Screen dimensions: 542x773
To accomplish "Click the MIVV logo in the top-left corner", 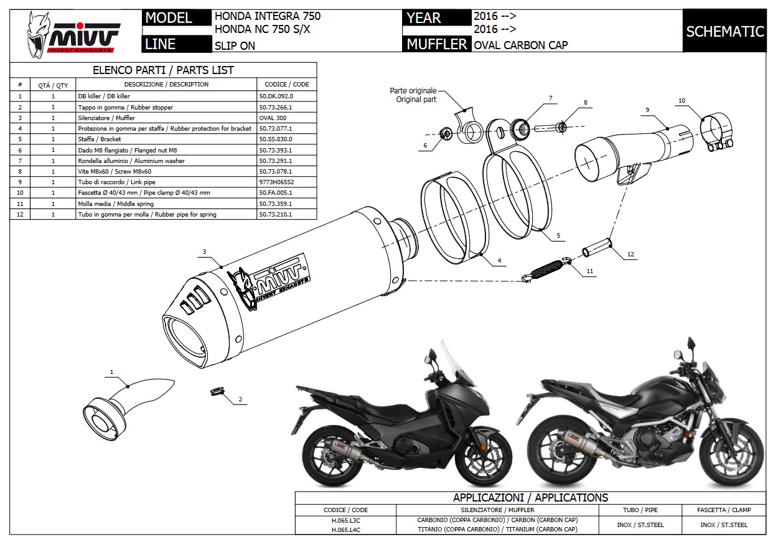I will (73, 34).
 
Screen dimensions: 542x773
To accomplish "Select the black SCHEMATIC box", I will (724, 31).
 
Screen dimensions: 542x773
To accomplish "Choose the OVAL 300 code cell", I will (274, 118).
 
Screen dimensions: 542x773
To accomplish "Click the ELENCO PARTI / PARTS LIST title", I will (163, 70).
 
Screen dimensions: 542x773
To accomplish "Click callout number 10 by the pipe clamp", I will (682, 100).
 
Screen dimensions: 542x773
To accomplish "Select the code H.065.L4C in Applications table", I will (345, 530).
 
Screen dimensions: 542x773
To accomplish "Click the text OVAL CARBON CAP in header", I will (520, 44).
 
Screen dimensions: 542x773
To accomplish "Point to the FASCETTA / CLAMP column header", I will (724, 510).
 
